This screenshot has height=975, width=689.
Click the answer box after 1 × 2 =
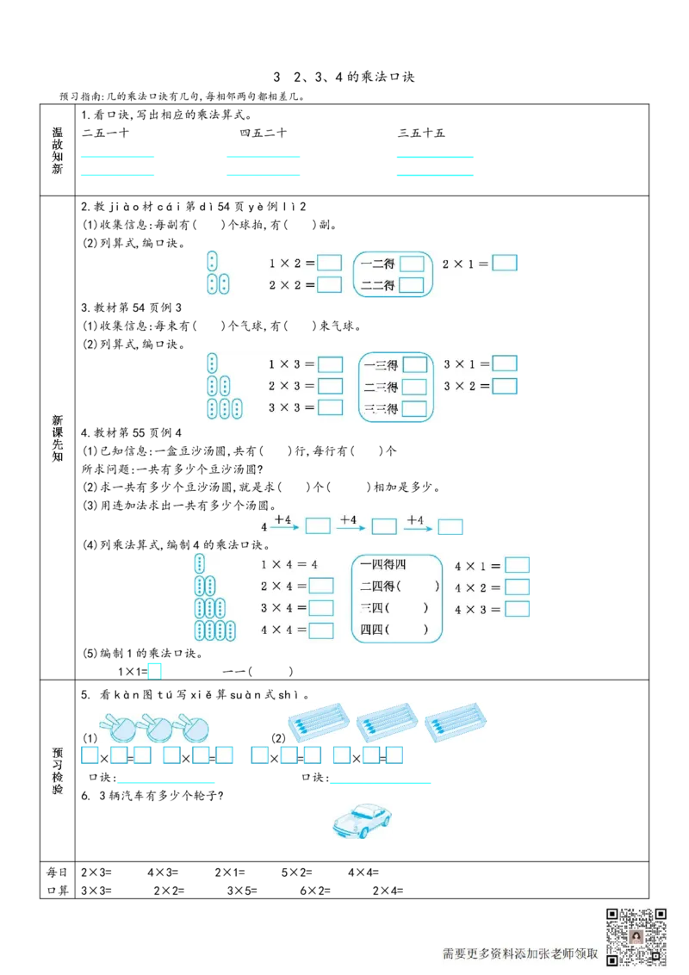(x=329, y=263)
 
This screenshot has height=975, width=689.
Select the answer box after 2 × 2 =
(x=329, y=284)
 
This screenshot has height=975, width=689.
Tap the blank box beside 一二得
(x=412, y=264)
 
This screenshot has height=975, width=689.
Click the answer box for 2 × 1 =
(x=505, y=263)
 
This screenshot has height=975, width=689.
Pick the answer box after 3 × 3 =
(x=329, y=407)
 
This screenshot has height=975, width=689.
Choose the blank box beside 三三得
(x=414, y=408)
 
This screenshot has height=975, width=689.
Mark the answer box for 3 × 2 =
(x=505, y=386)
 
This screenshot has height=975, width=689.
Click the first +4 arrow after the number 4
(x=283, y=522)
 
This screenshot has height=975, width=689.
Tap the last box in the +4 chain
(x=450, y=526)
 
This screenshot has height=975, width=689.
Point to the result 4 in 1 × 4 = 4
(x=314, y=565)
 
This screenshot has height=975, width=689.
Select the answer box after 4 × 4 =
(x=320, y=630)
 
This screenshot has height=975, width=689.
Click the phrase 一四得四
(x=383, y=565)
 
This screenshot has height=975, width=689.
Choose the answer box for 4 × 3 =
(x=517, y=608)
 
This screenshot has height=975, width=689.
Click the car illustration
(x=362, y=820)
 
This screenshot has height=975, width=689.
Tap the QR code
(x=636, y=936)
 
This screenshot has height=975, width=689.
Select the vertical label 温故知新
(x=58, y=151)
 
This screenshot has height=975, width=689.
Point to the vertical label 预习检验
(x=58, y=771)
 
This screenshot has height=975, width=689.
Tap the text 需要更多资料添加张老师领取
(x=520, y=953)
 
